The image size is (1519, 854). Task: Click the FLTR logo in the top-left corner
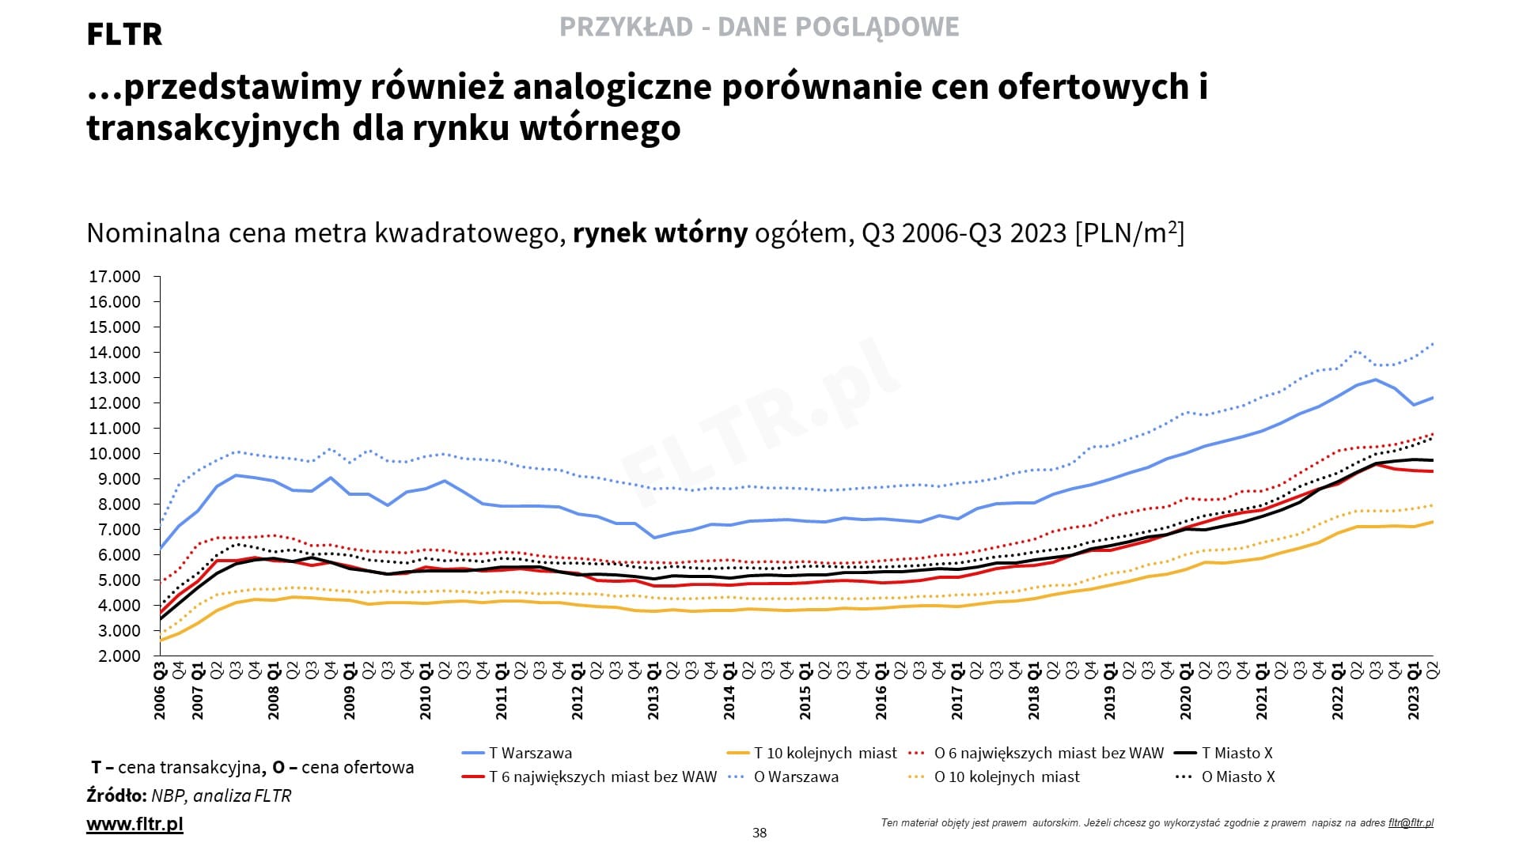pyautogui.click(x=124, y=34)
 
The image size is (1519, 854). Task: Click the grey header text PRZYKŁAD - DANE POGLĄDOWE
pyautogui.click(x=759, y=27)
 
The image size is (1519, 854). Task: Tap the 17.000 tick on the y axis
pyautogui.click(x=115, y=277)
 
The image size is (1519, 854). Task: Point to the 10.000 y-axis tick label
pyautogui.click(x=115, y=454)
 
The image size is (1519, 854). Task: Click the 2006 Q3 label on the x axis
pyautogui.click(x=160, y=691)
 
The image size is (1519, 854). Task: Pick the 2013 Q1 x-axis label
pyautogui.click(x=653, y=691)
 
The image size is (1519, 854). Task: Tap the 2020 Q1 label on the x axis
pyautogui.click(x=1185, y=691)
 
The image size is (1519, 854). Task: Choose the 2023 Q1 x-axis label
pyautogui.click(x=1414, y=691)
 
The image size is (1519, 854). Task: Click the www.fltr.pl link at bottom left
pyautogui.click(x=134, y=824)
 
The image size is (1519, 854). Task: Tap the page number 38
pyautogui.click(x=759, y=833)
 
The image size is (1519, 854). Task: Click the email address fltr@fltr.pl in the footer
pyautogui.click(x=1411, y=822)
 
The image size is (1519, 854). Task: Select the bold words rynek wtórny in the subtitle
pyautogui.click(x=660, y=233)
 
